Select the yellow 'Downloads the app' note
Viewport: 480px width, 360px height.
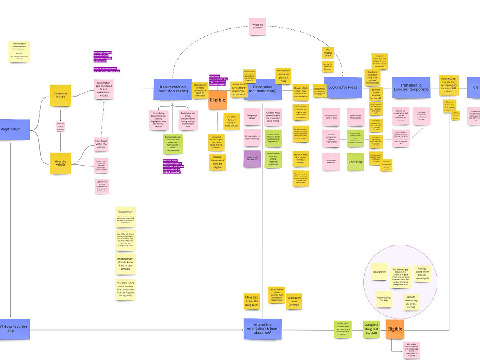coord(60,95)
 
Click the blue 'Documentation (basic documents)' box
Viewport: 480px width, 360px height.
coord(172,89)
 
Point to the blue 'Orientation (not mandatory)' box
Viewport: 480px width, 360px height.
coord(263,89)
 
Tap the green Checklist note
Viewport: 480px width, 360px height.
coord(355,162)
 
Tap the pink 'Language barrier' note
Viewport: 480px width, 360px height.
coord(252,117)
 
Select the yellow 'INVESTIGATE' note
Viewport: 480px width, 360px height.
coord(449,85)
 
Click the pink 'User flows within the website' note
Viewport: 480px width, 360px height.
coord(101,145)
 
